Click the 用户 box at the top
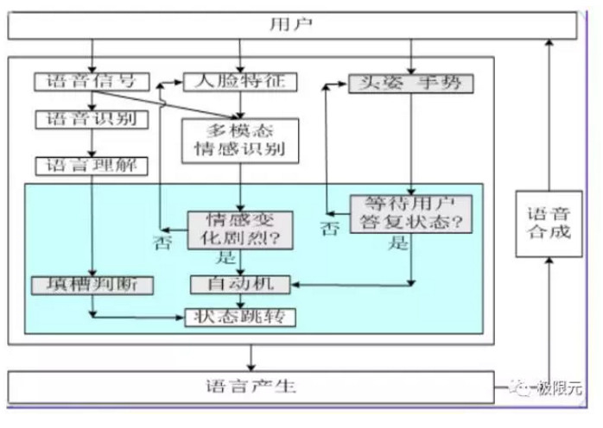coord(291,25)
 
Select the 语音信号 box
coord(86,82)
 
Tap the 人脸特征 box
coord(241,82)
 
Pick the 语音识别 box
coord(86,119)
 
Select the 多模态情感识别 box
coord(240,140)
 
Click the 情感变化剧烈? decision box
coord(240,230)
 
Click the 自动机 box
coord(240,283)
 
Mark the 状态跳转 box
coord(240,317)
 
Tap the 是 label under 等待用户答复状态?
coord(399,243)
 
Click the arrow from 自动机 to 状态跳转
coord(240,299)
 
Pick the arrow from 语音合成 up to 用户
coord(548,112)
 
